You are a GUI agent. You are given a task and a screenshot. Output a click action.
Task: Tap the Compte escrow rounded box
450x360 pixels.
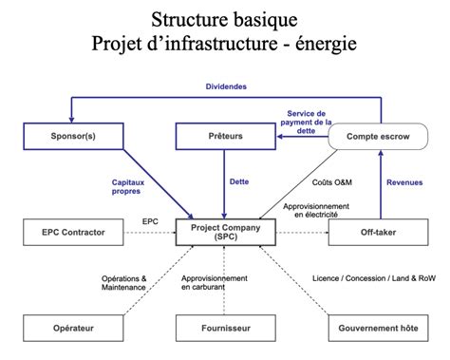(376, 137)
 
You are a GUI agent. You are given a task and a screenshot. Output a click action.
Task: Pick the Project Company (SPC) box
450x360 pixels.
(225, 232)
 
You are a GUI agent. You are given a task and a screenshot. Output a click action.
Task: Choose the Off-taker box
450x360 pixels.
(376, 231)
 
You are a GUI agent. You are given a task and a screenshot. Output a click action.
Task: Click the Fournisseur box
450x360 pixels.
(225, 328)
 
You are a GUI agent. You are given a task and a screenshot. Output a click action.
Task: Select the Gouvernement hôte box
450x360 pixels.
(376, 328)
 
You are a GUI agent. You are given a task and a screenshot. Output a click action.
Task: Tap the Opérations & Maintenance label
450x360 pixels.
(125, 283)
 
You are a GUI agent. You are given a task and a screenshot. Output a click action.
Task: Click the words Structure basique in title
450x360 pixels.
(225, 20)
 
